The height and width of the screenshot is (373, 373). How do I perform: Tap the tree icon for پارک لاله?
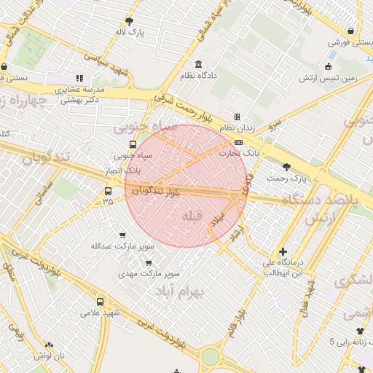(130, 21)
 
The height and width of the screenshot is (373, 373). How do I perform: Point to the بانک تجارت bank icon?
(238, 142)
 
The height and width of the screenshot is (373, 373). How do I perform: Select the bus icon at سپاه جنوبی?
(133, 144)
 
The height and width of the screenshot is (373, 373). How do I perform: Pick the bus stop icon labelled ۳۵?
(108, 191)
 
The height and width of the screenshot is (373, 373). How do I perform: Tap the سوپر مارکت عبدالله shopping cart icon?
(122, 235)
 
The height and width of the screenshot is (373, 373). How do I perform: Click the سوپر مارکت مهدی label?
(151, 275)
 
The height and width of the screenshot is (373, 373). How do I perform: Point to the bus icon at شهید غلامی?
(100, 302)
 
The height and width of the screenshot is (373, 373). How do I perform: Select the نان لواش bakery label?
(50, 356)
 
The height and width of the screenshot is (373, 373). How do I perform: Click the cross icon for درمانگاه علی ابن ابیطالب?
(283, 251)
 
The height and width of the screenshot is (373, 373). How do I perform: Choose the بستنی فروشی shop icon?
(353, 31)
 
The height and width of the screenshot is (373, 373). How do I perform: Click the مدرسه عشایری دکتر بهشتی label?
(80, 93)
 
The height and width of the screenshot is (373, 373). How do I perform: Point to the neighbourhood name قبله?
(190, 216)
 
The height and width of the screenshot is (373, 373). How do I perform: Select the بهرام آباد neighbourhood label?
(181, 291)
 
